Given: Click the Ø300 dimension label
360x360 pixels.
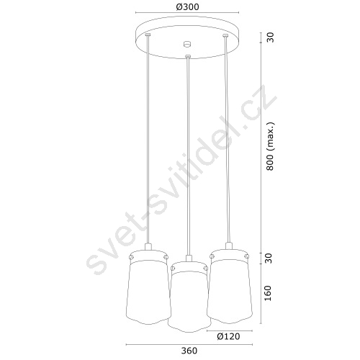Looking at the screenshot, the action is pyautogui.click(x=187, y=7).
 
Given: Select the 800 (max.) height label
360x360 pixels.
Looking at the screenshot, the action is pyautogui.click(x=270, y=146).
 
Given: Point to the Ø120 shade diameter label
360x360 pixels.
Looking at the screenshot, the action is pyautogui.click(x=228, y=336).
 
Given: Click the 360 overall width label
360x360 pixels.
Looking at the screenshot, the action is pyautogui.click(x=189, y=351).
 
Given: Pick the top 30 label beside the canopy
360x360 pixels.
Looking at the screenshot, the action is pyautogui.click(x=270, y=37).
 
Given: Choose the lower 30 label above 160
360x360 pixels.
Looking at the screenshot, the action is pyautogui.click(x=269, y=258).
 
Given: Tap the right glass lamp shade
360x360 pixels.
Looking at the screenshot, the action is pyautogui.click(x=230, y=286).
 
